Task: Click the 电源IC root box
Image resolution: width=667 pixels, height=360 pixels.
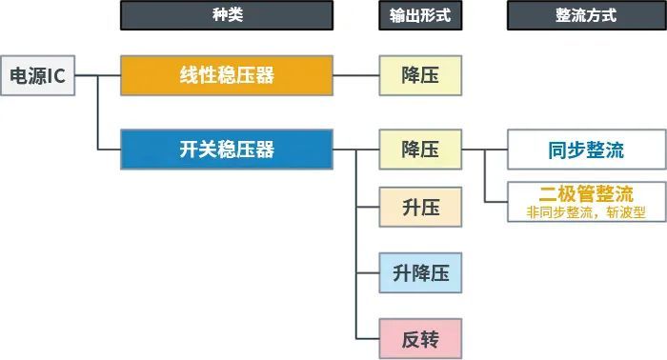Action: (37, 75)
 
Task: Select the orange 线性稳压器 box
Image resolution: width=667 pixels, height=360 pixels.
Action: (227, 75)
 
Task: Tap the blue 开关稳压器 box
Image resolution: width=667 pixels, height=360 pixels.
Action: (227, 150)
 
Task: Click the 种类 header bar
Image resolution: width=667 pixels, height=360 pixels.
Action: (227, 15)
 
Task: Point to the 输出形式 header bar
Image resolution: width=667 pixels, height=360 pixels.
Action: (420, 15)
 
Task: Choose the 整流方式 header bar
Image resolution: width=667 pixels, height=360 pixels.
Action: (586, 15)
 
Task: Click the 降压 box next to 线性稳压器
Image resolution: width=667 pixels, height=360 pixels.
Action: (420, 75)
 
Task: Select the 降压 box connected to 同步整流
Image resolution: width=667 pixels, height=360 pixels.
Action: (420, 150)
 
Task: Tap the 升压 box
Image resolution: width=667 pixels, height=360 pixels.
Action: (420, 207)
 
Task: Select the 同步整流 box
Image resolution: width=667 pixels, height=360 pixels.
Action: (586, 150)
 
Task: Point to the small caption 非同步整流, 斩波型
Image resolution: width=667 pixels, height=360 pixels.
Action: (586, 211)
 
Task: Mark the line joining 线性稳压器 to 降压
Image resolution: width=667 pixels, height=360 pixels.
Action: (356, 75)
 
